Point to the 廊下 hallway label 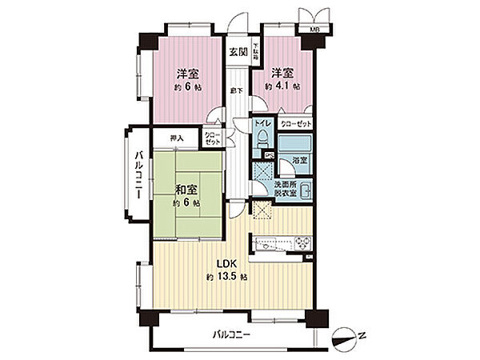(238, 91)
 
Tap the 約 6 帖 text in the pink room (188, 86)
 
